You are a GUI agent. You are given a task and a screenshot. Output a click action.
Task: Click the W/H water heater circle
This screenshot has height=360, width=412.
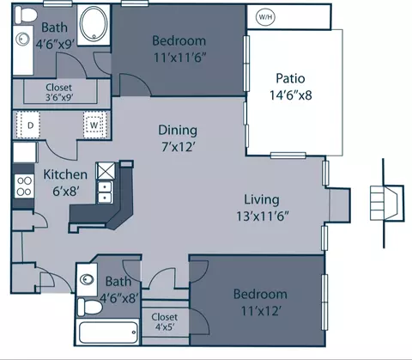coord(265,17)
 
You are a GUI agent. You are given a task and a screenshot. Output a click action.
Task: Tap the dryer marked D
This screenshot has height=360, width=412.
coord(28,125)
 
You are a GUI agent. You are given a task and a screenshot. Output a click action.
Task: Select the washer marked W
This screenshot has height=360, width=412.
coord(95,125)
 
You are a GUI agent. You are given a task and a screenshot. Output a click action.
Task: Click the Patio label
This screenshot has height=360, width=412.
coord(290,78)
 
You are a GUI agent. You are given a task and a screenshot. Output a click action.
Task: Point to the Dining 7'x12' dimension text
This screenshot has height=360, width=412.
coord(179,147)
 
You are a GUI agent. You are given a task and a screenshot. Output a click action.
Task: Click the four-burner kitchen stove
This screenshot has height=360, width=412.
coord(24,186)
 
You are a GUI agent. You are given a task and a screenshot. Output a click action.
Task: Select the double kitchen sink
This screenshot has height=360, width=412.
coord(105,192)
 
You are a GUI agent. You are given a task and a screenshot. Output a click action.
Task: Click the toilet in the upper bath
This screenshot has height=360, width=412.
coord(26,15)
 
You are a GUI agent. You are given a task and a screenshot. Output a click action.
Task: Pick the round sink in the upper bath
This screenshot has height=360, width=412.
coord(22,39)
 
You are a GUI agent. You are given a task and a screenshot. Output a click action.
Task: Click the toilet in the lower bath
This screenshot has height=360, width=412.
coord(90,307)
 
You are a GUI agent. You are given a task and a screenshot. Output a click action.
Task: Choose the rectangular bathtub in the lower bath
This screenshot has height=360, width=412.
coord(108,333)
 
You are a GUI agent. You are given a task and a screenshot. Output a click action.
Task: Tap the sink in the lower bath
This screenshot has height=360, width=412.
coord(87,279)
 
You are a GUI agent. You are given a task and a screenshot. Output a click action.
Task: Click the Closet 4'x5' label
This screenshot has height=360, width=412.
coord(165,322)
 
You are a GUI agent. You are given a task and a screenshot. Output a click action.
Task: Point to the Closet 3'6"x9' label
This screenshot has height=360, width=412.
coord(59,92)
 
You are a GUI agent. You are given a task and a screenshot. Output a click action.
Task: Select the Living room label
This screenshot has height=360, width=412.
coord(262,200)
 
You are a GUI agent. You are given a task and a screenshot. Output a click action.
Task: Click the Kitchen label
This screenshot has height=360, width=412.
coord(65,174)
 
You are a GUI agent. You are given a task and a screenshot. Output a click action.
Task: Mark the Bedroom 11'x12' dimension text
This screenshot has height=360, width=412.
coord(260,311)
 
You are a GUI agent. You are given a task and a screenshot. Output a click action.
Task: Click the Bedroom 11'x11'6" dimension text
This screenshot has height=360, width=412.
coord(180,58)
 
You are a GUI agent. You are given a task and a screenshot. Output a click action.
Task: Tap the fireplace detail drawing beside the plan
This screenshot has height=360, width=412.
coord(387,203)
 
